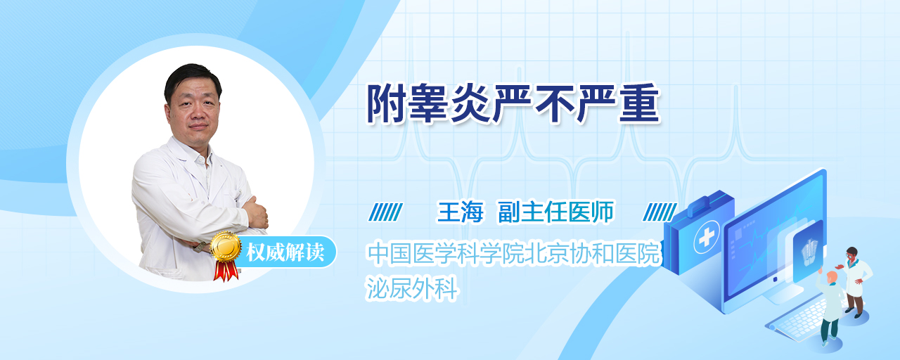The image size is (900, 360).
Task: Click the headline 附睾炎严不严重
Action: click(x=513, y=103)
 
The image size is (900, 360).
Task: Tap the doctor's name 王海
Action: click(x=460, y=212)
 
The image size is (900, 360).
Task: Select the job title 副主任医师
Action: click(x=556, y=212)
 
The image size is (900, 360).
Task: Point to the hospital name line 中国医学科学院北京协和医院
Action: click(x=513, y=253)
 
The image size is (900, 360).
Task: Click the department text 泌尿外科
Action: click(x=412, y=288)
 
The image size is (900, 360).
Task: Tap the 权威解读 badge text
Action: click(x=285, y=252)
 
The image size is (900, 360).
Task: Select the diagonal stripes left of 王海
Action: click(x=386, y=212)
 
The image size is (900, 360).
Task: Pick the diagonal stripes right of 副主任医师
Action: click(x=660, y=212)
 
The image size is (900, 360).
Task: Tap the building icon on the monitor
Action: click(x=809, y=252)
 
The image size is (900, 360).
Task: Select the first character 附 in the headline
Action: click(x=387, y=103)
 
